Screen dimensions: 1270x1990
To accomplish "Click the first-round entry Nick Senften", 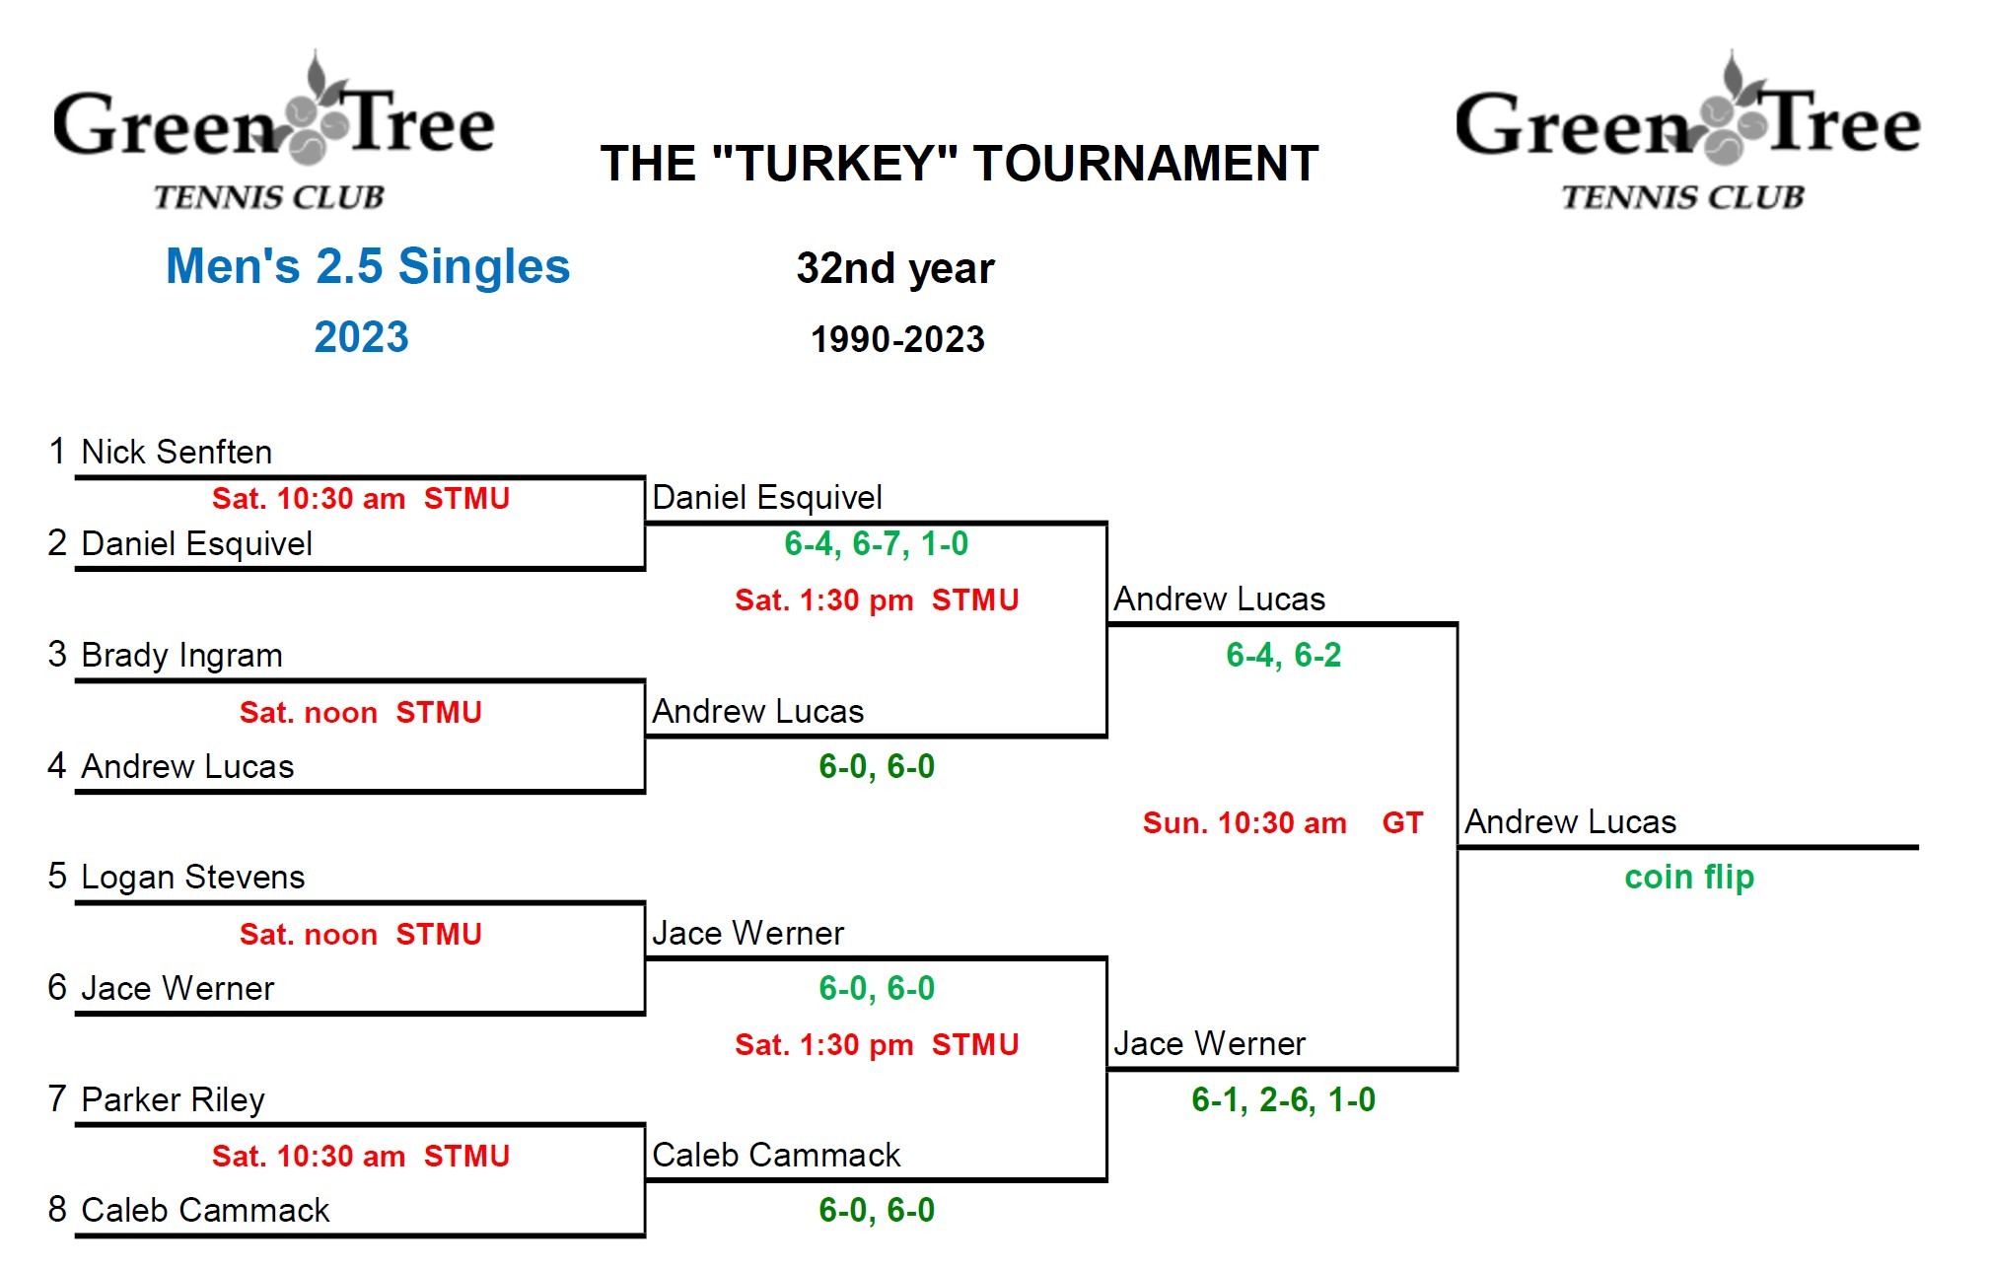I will point(176,452).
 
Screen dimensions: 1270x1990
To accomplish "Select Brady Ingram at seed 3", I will point(181,655).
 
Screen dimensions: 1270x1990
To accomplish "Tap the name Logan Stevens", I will point(192,877).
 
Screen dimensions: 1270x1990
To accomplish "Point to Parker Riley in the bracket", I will point(173,1098).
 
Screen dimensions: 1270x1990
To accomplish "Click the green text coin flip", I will point(1689,877).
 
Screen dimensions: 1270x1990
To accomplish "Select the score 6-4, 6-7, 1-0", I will point(876,543).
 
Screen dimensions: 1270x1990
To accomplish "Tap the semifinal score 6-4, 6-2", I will point(1283,655).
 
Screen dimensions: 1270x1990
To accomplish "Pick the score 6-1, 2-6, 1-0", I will point(1283,1099).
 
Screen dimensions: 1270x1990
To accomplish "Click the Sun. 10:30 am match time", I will point(1244,822).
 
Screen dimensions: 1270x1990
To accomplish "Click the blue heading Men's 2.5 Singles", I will point(368,266).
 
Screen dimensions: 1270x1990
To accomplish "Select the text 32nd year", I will point(895,268).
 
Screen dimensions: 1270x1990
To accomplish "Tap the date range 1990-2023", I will point(897,339).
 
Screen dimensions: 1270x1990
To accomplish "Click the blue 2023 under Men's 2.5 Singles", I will point(361,337).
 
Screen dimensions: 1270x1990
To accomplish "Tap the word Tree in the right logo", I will point(1842,125).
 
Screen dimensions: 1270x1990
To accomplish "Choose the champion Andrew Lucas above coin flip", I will point(1570,821).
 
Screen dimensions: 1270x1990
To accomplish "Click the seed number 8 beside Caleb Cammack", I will point(57,1209).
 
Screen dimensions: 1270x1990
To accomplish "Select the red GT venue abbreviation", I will point(1402,822).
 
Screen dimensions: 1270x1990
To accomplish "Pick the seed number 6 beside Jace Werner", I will point(57,987).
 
